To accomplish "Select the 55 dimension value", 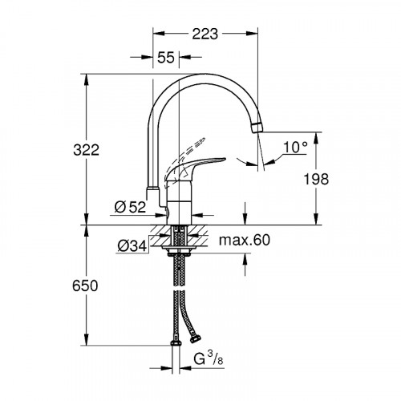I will click(166, 58).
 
